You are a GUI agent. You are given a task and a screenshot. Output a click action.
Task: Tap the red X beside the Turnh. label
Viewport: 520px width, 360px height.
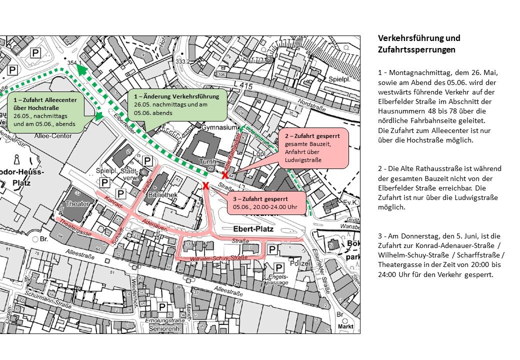(225, 175)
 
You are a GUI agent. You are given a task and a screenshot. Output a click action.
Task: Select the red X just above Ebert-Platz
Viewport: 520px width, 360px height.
(205, 186)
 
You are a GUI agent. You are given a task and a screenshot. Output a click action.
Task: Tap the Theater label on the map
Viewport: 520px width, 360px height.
(77, 204)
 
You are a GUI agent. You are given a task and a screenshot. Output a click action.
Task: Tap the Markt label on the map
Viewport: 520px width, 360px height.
(345, 326)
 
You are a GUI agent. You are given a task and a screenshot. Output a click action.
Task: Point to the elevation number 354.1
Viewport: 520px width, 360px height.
(74, 63)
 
